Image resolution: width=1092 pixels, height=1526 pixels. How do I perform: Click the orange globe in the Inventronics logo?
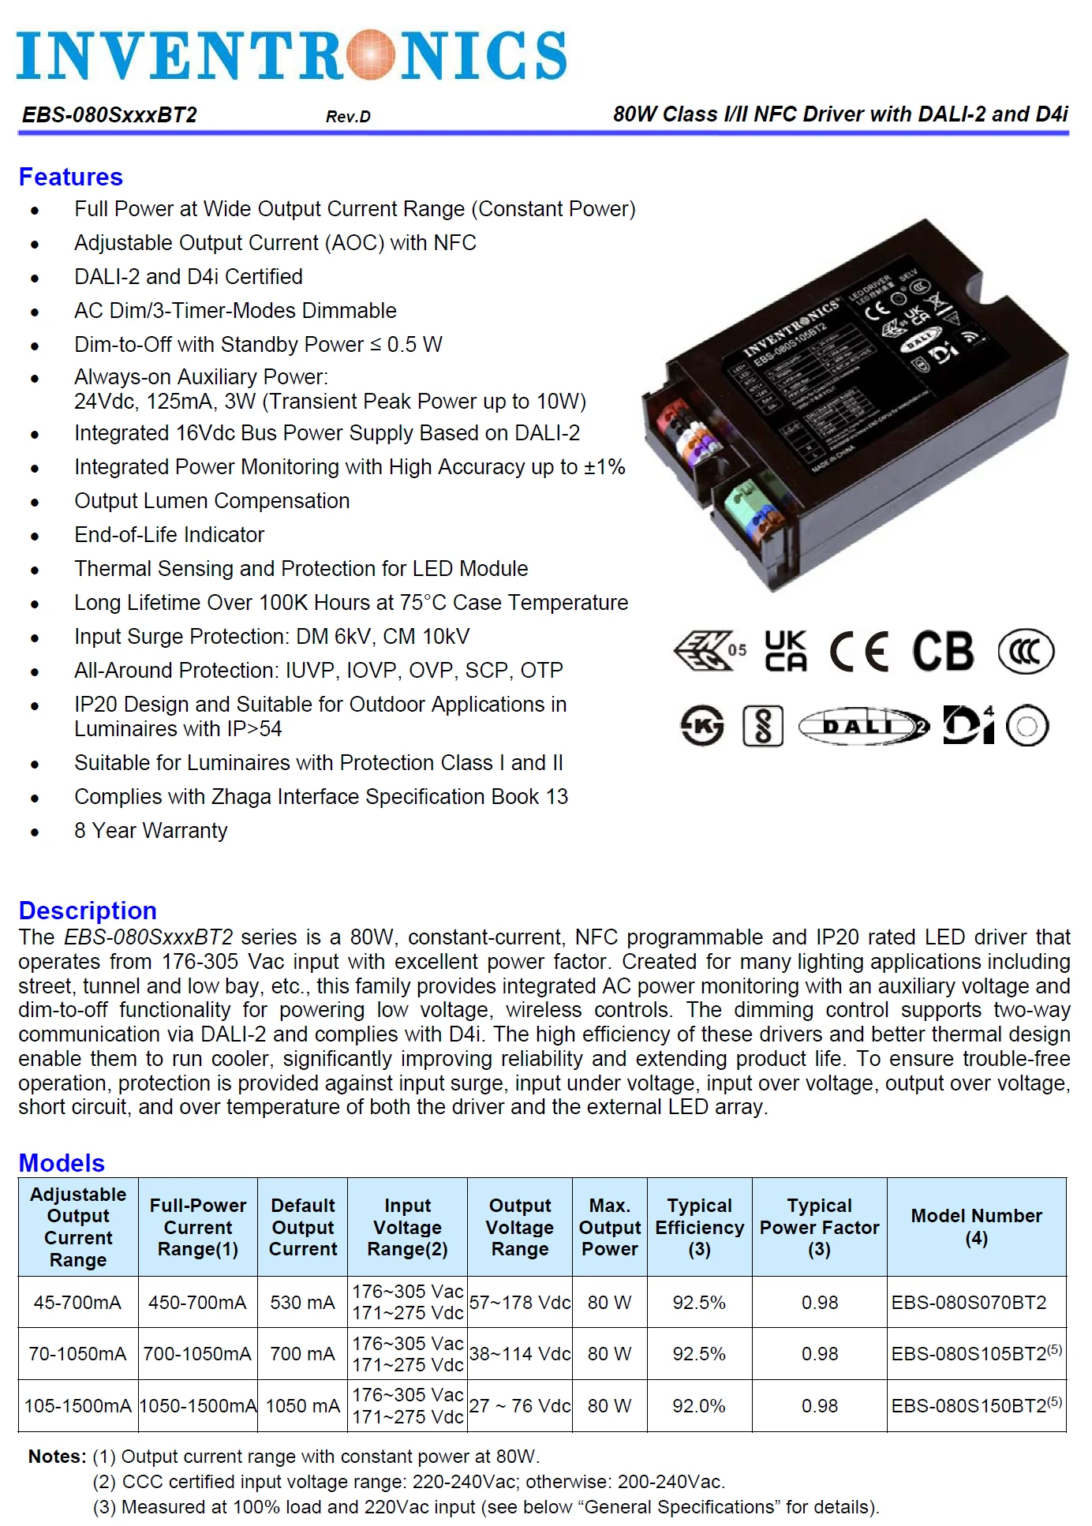(370, 55)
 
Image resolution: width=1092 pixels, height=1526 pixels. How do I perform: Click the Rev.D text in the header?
(348, 117)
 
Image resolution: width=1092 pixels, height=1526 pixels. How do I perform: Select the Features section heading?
(71, 177)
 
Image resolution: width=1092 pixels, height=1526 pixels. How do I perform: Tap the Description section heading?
(88, 911)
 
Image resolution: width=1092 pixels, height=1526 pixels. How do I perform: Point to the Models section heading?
(62, 1163)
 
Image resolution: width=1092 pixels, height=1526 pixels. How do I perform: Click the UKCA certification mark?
(785, 651)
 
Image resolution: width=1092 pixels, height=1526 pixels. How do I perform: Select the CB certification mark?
(943, 652)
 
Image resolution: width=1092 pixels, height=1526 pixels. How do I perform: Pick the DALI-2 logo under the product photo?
(864, 726)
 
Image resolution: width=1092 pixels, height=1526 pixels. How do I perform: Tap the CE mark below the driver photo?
(859, 652)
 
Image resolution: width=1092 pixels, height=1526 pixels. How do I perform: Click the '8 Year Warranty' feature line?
(151, 831)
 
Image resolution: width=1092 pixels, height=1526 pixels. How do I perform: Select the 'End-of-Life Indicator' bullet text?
(169, 535)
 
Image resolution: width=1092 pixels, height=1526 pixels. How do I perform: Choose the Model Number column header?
(976, 1227)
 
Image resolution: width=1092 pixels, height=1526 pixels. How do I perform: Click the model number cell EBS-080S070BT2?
(968, 1303)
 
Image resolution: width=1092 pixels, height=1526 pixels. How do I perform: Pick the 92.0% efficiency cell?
(698, 1406)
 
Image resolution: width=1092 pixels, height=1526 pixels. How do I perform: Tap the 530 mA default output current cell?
(302, 1303)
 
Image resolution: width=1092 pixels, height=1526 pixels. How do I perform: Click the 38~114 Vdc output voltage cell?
(519, 1354)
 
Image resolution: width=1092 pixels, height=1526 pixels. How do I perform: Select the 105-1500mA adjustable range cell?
(78, 1406)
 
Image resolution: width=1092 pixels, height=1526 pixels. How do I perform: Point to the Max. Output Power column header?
(609, 1227)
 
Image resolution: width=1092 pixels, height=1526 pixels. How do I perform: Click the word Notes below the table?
(57, 1457)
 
